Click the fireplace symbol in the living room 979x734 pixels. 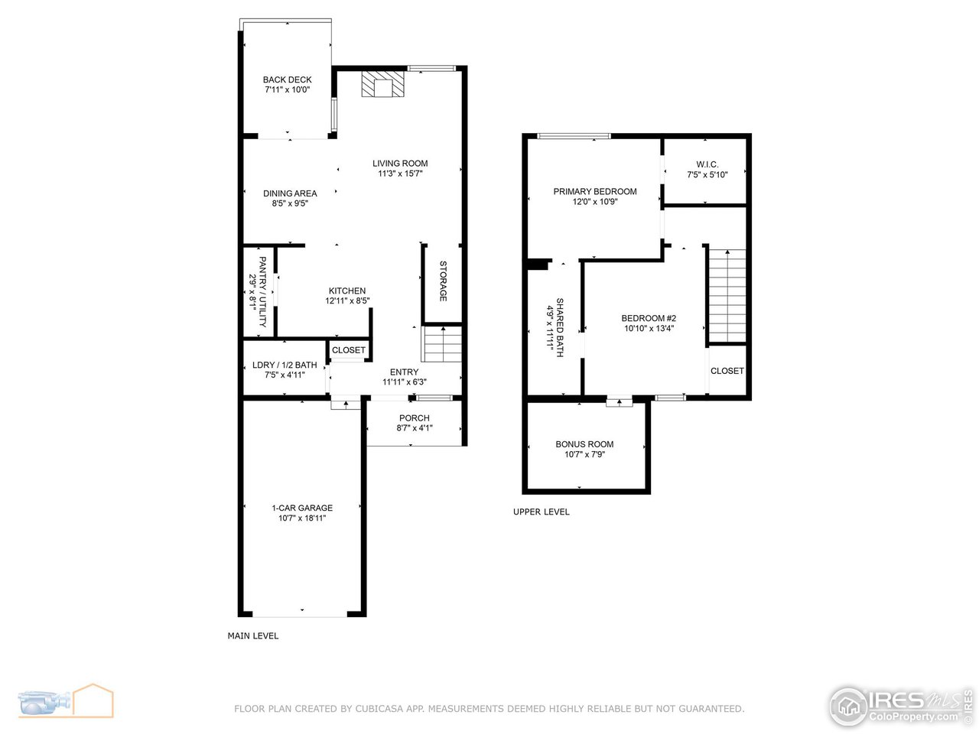pos(382,84)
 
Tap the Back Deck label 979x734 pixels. pos(287,80)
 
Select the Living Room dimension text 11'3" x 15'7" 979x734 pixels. pos(400,174)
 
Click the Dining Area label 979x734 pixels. pos(290,193)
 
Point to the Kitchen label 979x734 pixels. pos(347,291)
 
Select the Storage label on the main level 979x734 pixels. pos(443,281)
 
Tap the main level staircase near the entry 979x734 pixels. pos(443,343)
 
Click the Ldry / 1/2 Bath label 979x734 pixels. pos(285,365)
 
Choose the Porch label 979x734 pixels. pos(415,418)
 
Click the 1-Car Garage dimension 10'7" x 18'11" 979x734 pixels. pos(302,518)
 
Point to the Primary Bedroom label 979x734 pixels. pos(595,191)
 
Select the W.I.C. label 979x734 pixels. pos(707,164)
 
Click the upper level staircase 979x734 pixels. pos(726,294)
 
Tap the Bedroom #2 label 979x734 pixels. pos(649,318)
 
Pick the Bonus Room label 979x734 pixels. pos(584,444)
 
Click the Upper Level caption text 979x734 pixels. pos(541,512)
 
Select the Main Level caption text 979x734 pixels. pos(253,635)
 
